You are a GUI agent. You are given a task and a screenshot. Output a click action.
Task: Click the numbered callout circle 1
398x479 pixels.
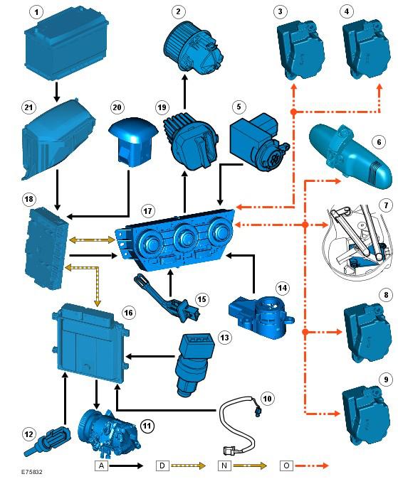pos(37,12)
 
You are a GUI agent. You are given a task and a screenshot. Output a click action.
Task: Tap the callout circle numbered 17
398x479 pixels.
pos(147,211)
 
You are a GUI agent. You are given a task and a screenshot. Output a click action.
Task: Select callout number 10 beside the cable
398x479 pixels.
pos(267,399)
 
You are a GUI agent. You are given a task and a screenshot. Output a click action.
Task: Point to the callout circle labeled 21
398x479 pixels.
pos(28,107)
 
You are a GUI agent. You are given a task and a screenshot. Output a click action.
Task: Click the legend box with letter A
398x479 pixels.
pos(101,465)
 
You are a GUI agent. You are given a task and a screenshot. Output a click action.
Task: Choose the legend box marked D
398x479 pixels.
pos(162,465)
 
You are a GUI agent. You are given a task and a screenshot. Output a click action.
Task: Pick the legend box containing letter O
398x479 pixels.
pos(286,465)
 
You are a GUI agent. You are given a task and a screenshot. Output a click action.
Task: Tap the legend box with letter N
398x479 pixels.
pos(224,465)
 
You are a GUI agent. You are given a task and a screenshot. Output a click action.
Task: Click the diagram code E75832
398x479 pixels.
pos(32,472)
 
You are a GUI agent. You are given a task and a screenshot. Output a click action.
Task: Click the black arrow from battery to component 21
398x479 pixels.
pos(57,92)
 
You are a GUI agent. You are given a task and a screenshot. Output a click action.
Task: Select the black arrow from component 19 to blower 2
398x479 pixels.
pos(184,92)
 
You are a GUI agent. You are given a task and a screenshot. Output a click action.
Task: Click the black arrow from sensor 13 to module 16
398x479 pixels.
pos(150,356)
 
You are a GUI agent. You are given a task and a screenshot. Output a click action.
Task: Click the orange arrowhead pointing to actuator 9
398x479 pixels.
pos(337,414)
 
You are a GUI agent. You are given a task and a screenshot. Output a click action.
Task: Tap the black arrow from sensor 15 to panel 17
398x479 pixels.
pos(171,284)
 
